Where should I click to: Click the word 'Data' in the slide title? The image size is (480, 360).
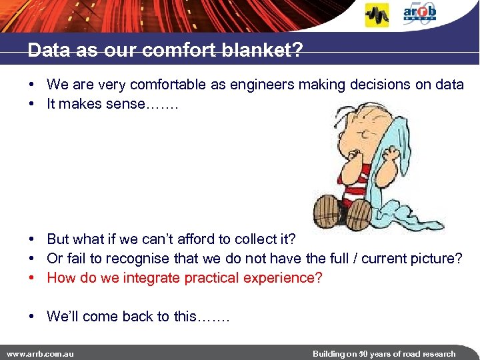tap(45, 51)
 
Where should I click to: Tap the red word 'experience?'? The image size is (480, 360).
tap(282, 277)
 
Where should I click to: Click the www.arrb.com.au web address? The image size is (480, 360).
tap(41, 353)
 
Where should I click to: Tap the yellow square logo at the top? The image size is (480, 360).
tap(377, 15)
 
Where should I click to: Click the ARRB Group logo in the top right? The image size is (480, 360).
tap(419, 13)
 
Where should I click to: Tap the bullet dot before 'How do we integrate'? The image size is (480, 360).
tap(31, 277)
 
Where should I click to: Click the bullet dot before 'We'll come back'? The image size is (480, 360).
tap(31, 316)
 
